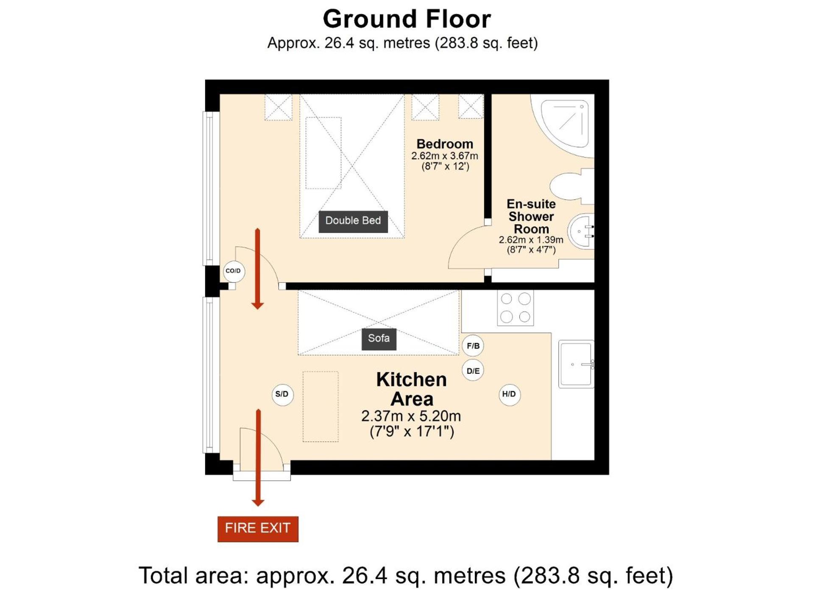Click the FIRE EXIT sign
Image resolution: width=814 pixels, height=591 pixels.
coord(258,528)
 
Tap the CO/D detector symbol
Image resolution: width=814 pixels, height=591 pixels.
coord(234,271)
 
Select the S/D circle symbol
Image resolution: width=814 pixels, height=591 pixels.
coord(282,395)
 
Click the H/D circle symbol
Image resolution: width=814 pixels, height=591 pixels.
coord(509,395)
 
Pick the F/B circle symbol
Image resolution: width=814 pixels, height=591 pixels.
coord(473,346)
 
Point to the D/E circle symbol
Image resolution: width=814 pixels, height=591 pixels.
coord(473,371)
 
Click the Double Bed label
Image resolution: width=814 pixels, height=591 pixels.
coord(353,221)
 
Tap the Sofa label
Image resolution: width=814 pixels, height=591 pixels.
coord(379,339)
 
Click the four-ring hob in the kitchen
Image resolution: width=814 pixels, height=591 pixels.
coord(516,308)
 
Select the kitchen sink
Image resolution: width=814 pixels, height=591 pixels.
coord(576,364)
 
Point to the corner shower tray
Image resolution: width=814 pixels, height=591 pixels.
coord(563,126)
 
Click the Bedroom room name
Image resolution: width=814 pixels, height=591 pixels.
coord(444,144)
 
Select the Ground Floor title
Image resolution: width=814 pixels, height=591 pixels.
coord(407,19)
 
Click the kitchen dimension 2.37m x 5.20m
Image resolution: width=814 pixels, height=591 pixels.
coord(411,416)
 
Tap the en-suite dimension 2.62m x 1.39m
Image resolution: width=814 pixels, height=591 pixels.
coord(531,240)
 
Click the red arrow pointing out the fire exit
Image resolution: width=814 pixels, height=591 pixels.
coord(258,458)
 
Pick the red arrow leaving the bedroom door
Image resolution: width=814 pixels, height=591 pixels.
coord(257,269)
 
